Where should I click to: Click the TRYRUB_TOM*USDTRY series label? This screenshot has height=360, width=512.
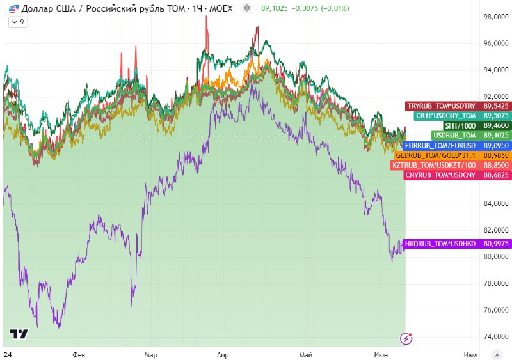tap(442, 106)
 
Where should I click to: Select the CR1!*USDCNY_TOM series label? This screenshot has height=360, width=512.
tap(446, 116)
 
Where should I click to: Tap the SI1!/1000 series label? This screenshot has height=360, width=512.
tap(460, 126)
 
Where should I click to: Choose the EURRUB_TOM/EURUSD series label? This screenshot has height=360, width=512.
tap(440, 145)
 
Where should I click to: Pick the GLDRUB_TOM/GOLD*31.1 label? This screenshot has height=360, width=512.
tap(436, 155)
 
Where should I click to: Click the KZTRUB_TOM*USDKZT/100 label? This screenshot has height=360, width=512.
tap(434, 165)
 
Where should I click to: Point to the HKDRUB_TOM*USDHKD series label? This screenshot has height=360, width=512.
tap(440, 244)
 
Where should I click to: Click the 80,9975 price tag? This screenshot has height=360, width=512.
tap(495, 244)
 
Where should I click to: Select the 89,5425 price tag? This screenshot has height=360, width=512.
tap(495, 106)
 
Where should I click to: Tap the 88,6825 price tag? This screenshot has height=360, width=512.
tap(495, 175)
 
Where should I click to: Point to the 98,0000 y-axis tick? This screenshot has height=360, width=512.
tap(496, 17)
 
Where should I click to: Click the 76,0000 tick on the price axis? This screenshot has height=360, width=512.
tap(496, 309)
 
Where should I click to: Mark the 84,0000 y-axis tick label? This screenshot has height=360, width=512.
tap(496, 203)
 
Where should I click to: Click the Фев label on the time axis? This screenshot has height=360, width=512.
tap(79, 354)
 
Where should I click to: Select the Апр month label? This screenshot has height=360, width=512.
tap(223, 354)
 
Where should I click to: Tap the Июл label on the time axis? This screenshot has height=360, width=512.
tap(470, 354)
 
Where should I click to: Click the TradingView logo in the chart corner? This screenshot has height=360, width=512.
tap(19, 334)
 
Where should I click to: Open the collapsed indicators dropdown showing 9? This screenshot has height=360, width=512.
tap(18, 22)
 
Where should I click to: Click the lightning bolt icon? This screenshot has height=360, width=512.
tap(406, 338)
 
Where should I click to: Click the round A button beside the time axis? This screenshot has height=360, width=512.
tap(497, 354)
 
